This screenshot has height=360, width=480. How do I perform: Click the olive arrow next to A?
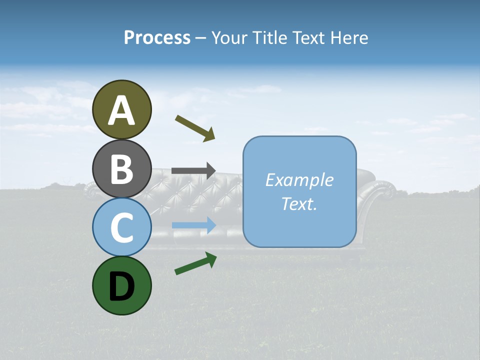(x=195, y=128)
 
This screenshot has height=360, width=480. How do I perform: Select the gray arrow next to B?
(x=193, y=170)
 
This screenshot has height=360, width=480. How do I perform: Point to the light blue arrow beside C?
(x=194, y=225)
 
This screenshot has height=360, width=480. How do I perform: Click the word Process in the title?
(x=157, y=37)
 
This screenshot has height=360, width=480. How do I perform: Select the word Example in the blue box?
(x=299, y=180)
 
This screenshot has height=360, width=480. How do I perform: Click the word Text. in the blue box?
(x=299, y=203)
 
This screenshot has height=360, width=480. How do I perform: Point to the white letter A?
(x=122, y=110)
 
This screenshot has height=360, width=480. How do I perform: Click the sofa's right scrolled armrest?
(x=382, y=192)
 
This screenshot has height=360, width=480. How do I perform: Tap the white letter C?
(x=121, y=227)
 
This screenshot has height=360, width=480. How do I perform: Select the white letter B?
(x=122, y=169)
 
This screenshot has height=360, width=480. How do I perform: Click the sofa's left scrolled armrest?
(x=91, y=191)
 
